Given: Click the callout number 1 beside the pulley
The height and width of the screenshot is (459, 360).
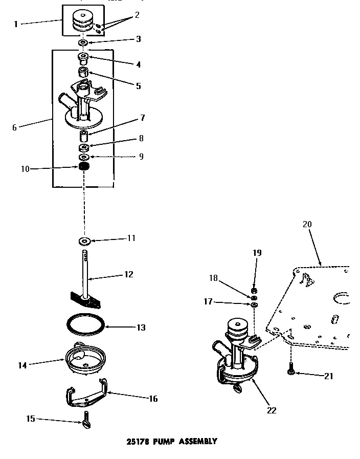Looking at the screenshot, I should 15,24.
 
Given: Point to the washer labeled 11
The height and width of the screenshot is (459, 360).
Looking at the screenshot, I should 83,240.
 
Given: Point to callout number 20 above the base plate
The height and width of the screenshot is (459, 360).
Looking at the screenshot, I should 307,224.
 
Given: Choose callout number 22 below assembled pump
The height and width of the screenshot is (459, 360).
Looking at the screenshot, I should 272,410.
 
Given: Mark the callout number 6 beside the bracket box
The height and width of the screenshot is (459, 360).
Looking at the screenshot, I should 14,127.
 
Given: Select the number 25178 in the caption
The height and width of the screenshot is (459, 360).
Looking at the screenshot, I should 134,441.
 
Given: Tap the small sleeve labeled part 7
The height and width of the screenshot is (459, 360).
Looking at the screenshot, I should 84,137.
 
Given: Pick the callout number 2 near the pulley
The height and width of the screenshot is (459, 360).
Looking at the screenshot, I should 137,15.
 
